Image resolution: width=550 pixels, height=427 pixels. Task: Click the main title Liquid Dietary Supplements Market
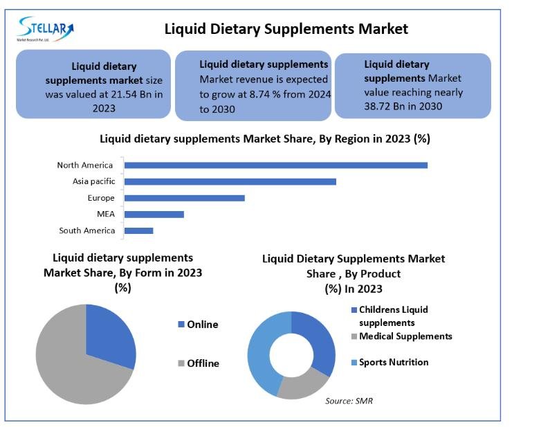tap(286, 29)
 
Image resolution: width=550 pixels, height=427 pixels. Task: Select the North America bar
tap(275, 165)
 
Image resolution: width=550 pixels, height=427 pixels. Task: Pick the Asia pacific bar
tap(230, 181)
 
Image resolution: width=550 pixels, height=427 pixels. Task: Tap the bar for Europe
tap(184, 198)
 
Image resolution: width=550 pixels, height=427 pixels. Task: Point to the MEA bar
tap(154, 215)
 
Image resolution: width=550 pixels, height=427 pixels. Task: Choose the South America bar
tap(138, 230)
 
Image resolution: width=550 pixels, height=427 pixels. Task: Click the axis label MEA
tap(106, 215)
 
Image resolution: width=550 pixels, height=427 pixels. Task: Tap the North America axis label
tap(85, 165)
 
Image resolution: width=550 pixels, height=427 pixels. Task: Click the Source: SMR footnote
tap(349, 401)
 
